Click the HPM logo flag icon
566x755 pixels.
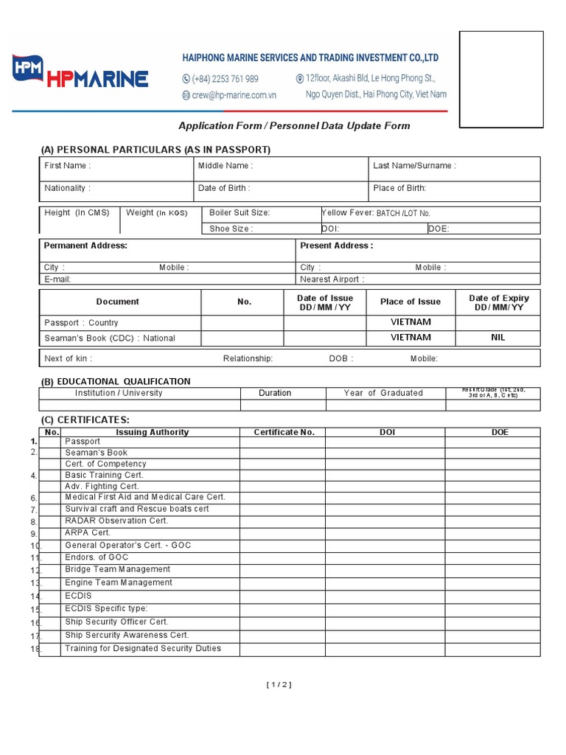[28, 69]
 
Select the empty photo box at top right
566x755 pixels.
[508, 80]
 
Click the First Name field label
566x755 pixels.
[67, 166]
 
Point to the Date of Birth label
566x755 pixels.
[224, 188]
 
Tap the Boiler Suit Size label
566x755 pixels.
[240, 213]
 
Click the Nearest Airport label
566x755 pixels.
[332, 279]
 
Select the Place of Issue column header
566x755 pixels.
[410, 302]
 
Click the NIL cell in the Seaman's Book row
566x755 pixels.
[497, 338]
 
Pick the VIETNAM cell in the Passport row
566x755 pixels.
[410, 322]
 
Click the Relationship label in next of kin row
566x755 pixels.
[248, 358]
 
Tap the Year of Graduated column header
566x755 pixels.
[383, 393]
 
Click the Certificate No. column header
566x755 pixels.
[284, 432]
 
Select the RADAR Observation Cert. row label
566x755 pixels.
[116, 521]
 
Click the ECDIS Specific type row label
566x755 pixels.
[106, 608]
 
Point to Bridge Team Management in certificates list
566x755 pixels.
[117, 569]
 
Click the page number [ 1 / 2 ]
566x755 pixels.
[279, 684]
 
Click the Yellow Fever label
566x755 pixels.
[348, 213]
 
